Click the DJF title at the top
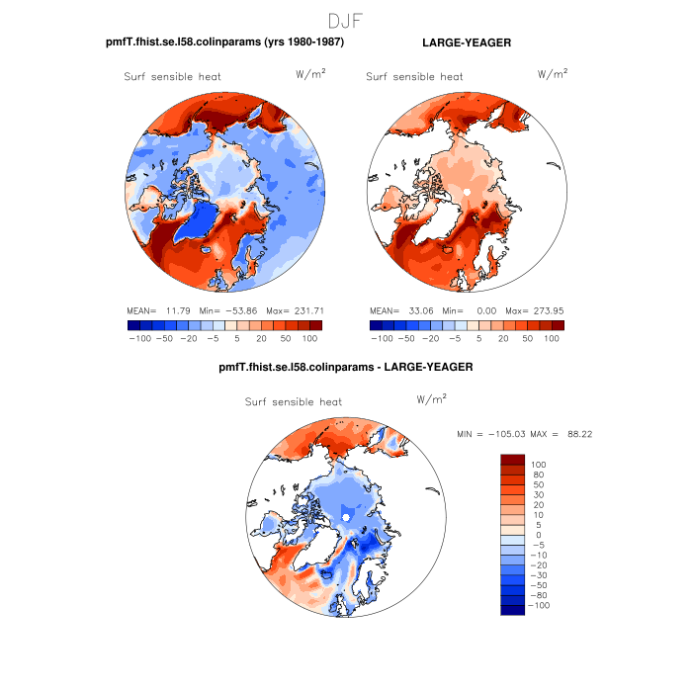[345, 20]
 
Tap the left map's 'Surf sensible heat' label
[172, 76]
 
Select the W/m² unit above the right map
[552, 74]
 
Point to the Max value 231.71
[306, 310]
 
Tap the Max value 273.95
[547, 310]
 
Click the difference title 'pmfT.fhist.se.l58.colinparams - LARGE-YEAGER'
[345, 368]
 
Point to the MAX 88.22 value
[573, 434]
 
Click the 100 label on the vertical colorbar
[539, 465]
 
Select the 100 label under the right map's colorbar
[552, 338]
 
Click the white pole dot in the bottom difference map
[347, 515]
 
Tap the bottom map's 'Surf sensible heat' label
[293, 402]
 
